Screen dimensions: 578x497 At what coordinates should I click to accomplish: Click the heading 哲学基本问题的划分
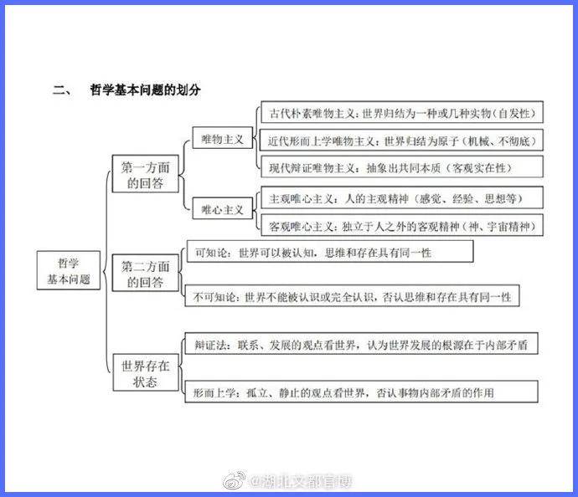click(145, 90)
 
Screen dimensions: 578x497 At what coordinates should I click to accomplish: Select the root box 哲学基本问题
click(69, 270)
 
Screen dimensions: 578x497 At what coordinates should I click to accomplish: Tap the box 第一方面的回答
click(145, 174)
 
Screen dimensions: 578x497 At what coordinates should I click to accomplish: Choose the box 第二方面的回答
click(145, 273)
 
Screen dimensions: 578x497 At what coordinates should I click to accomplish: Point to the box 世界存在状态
click(146, 372)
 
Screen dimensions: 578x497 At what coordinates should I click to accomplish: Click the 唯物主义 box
click(222, 138)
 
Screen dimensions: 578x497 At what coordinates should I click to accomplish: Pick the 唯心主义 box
click(222, 208)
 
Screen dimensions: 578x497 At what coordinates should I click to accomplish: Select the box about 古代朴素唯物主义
click(402, 112)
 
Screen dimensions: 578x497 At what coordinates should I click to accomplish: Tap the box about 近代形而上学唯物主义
click(401, 140)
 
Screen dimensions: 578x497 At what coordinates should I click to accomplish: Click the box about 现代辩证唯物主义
click(402, 167)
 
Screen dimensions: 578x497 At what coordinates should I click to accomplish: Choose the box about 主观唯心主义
click(402, 197)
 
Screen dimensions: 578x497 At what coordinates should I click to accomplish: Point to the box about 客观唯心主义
click(402, 225)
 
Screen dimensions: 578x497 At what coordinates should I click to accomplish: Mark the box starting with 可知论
click(330, 252)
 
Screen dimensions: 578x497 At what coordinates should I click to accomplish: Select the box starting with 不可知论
click(352, 295)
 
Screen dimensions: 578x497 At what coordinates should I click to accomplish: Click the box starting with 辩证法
click(361, 344)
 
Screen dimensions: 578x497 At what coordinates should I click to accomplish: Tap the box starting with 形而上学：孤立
click(361, 392)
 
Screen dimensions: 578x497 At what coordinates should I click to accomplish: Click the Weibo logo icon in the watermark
click(235, 479)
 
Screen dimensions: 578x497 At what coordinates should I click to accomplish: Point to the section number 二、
click(63, 90)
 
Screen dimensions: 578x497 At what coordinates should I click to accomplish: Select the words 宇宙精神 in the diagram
click(508, 227)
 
